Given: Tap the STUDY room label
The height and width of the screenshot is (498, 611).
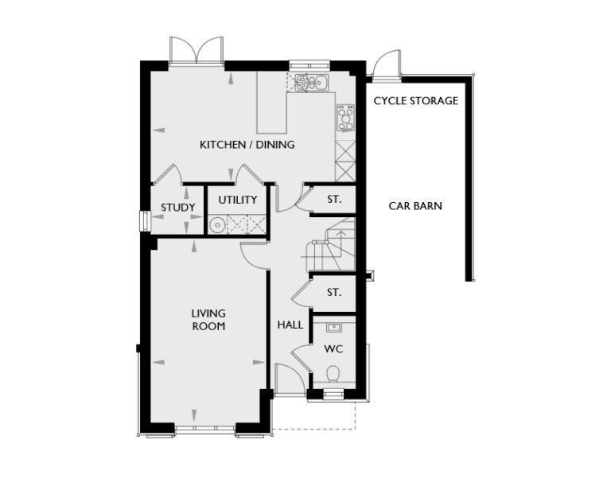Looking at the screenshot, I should [x=177, y=208].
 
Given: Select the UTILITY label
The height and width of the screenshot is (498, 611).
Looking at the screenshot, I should [x=238, y=200].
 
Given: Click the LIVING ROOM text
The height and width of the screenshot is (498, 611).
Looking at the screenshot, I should [x=208, y=319].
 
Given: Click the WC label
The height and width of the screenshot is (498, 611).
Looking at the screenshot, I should [x=333, y=349].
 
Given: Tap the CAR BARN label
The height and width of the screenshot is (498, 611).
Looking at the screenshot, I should [x=415, y=206].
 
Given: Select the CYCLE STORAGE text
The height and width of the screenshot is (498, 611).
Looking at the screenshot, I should [x=415, y=101].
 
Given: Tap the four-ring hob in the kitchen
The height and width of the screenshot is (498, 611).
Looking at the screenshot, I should [x=345, y=118].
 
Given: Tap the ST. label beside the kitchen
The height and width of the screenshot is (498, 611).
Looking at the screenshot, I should [x=334, y=200].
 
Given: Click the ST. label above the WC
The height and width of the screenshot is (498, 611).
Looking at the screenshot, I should [x=334, y=293].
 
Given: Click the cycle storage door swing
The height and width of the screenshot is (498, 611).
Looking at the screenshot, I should [x=385, y=65].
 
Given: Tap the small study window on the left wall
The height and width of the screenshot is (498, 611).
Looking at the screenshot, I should [x=143, y=220].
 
